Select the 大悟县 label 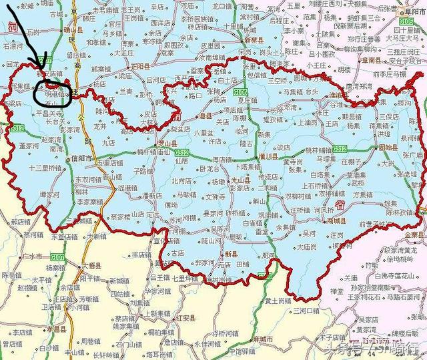pos(89,265)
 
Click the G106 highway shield pos(241,91)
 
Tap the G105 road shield pos(406,22)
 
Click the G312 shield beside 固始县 pos(340,148)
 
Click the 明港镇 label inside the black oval pos(55,95)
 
